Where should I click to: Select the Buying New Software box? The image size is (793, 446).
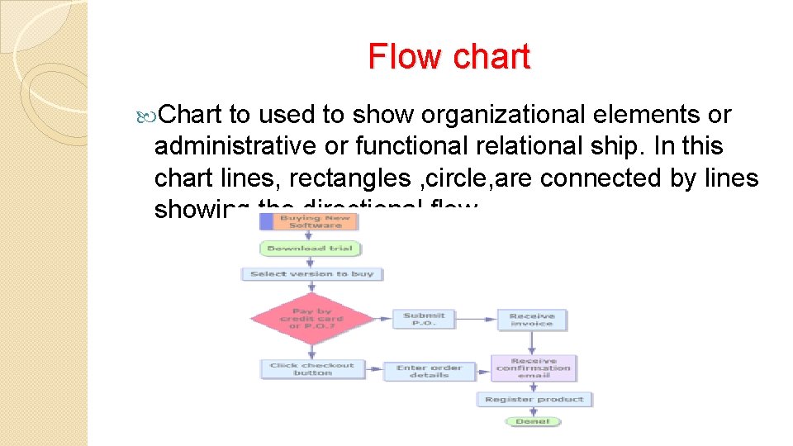point(311,221)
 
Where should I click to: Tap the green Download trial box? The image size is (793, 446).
point(311,249)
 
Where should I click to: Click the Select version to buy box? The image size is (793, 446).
point(311,273)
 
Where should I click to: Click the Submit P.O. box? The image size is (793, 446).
point(425,319)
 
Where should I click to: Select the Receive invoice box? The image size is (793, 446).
point(531,319)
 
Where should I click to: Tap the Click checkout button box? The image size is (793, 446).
point(311,368)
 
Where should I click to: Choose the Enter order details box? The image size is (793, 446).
point(429,371)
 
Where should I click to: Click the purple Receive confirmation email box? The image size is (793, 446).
point(533,368)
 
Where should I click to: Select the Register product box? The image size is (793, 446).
point(534,399)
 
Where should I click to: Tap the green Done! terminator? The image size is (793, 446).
point(533,421)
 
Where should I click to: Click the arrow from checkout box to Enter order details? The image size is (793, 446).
point(373,369)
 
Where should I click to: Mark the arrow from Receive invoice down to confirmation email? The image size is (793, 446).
point(531,343)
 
